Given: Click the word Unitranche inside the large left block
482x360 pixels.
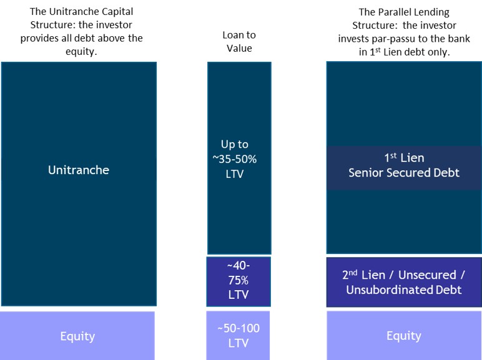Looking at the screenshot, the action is [79, 170].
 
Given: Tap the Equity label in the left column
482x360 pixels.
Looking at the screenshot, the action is [77, 337].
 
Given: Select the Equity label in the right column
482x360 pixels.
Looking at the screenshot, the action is [403, 336].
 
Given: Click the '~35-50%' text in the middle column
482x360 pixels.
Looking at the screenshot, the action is [235, 159].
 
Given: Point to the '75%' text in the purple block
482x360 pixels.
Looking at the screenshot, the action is [239, 280].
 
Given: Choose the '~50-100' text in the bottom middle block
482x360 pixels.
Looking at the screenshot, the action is [239, 328].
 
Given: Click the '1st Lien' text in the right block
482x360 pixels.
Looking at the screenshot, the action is [404, 158].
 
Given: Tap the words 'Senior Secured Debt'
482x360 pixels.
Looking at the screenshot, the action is [404, 173].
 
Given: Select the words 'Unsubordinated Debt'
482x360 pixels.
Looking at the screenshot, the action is [404, 289].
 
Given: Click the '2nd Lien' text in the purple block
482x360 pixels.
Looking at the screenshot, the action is [363, 275].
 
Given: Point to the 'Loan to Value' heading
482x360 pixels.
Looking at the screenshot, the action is [239, 41].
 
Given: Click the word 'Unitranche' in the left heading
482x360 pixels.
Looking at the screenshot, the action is [69, 11].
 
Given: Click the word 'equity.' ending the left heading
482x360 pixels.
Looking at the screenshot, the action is [81, 51].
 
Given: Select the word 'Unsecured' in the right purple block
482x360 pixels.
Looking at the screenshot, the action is [427, 275].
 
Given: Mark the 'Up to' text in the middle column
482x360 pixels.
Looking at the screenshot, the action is [235, 144].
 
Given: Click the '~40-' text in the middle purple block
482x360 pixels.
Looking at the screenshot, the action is [239, 265].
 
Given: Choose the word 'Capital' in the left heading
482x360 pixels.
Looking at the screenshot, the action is [112, 11].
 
